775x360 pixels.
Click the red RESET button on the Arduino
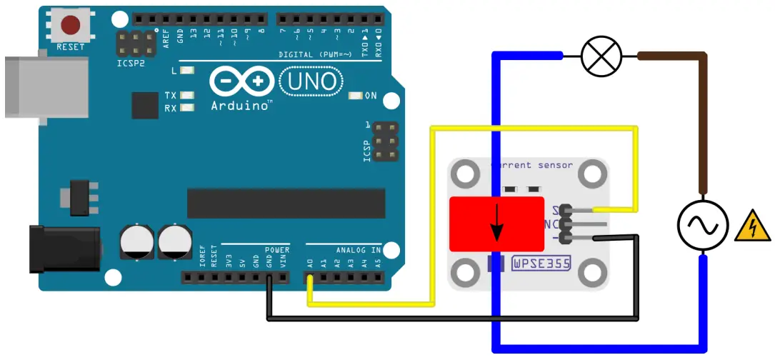[71, 26]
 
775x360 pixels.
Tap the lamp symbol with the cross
[601, 56]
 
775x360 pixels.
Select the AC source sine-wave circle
[701, 226]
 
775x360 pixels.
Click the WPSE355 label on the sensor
[541, 264]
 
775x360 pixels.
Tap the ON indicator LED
[355, 96]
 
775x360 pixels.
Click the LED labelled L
[188, 71]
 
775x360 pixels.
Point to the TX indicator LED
[188, 95]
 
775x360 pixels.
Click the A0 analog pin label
[309, 263]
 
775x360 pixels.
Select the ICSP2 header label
[130, 63]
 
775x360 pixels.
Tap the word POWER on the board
[276, 250]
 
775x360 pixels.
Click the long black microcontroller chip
[286, 203]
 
